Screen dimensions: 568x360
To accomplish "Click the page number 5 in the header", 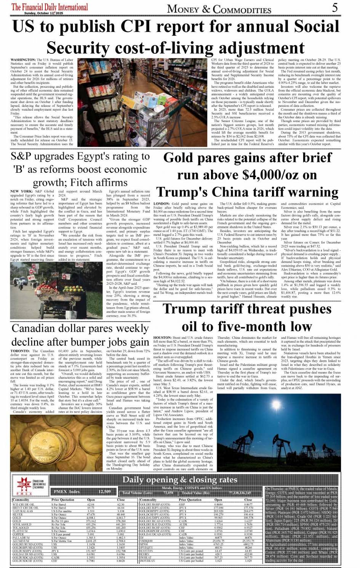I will (334, 7).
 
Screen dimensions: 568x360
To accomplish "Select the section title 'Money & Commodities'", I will (219, 9).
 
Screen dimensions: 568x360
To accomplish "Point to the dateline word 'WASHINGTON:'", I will (23, 60).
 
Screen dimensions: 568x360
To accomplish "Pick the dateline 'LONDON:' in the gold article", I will (162, 204).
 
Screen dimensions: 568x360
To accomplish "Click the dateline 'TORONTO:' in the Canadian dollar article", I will (20, 351).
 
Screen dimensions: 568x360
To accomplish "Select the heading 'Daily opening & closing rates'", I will (180, 480).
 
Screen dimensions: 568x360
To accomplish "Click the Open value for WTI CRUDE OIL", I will (91, 504).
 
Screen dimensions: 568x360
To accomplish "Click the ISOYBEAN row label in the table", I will (148, 561).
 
